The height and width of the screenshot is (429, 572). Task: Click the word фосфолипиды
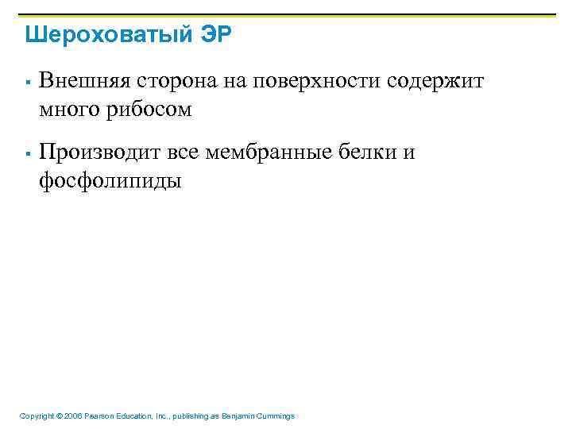[110, 180]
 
